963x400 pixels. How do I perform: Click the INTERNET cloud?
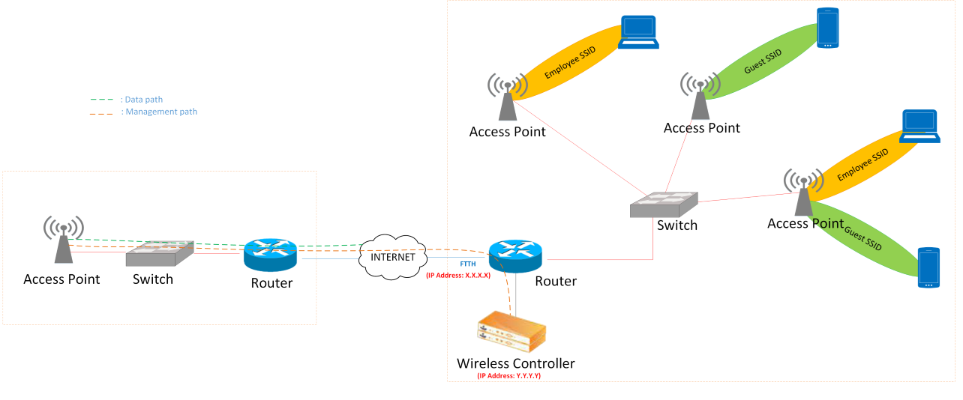click(393, 256)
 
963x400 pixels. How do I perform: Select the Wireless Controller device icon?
click(511, 334)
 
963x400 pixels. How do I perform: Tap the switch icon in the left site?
click(159, 255)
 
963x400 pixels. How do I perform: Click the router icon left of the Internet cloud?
click(270, 255)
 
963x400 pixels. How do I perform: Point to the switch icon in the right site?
click(664, 204)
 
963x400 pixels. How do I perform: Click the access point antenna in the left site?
click(64, 239)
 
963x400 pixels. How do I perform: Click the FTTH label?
click(468, 264)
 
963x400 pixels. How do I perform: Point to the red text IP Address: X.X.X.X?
click(458, 276)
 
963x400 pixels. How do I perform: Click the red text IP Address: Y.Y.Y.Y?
click(509, 376)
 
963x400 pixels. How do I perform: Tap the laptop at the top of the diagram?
click(638, 33)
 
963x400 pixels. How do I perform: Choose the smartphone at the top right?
click(827, 28)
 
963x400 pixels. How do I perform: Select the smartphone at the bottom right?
click(928, 268)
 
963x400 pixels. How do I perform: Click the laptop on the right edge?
click(919, 126)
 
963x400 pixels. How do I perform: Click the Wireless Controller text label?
click(516, 363)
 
